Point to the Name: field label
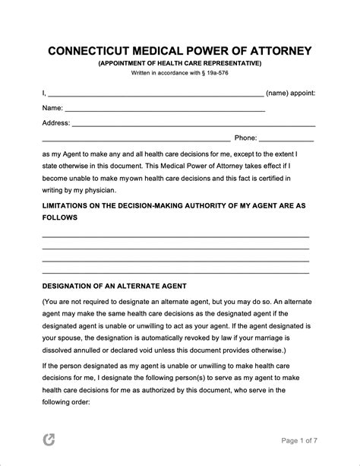(52, 108)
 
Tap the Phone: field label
(246, 138)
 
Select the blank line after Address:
(194, 125)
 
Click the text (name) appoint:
(291, 94)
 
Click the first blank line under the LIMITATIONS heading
(175, 237)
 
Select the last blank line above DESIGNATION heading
(175, 271)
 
